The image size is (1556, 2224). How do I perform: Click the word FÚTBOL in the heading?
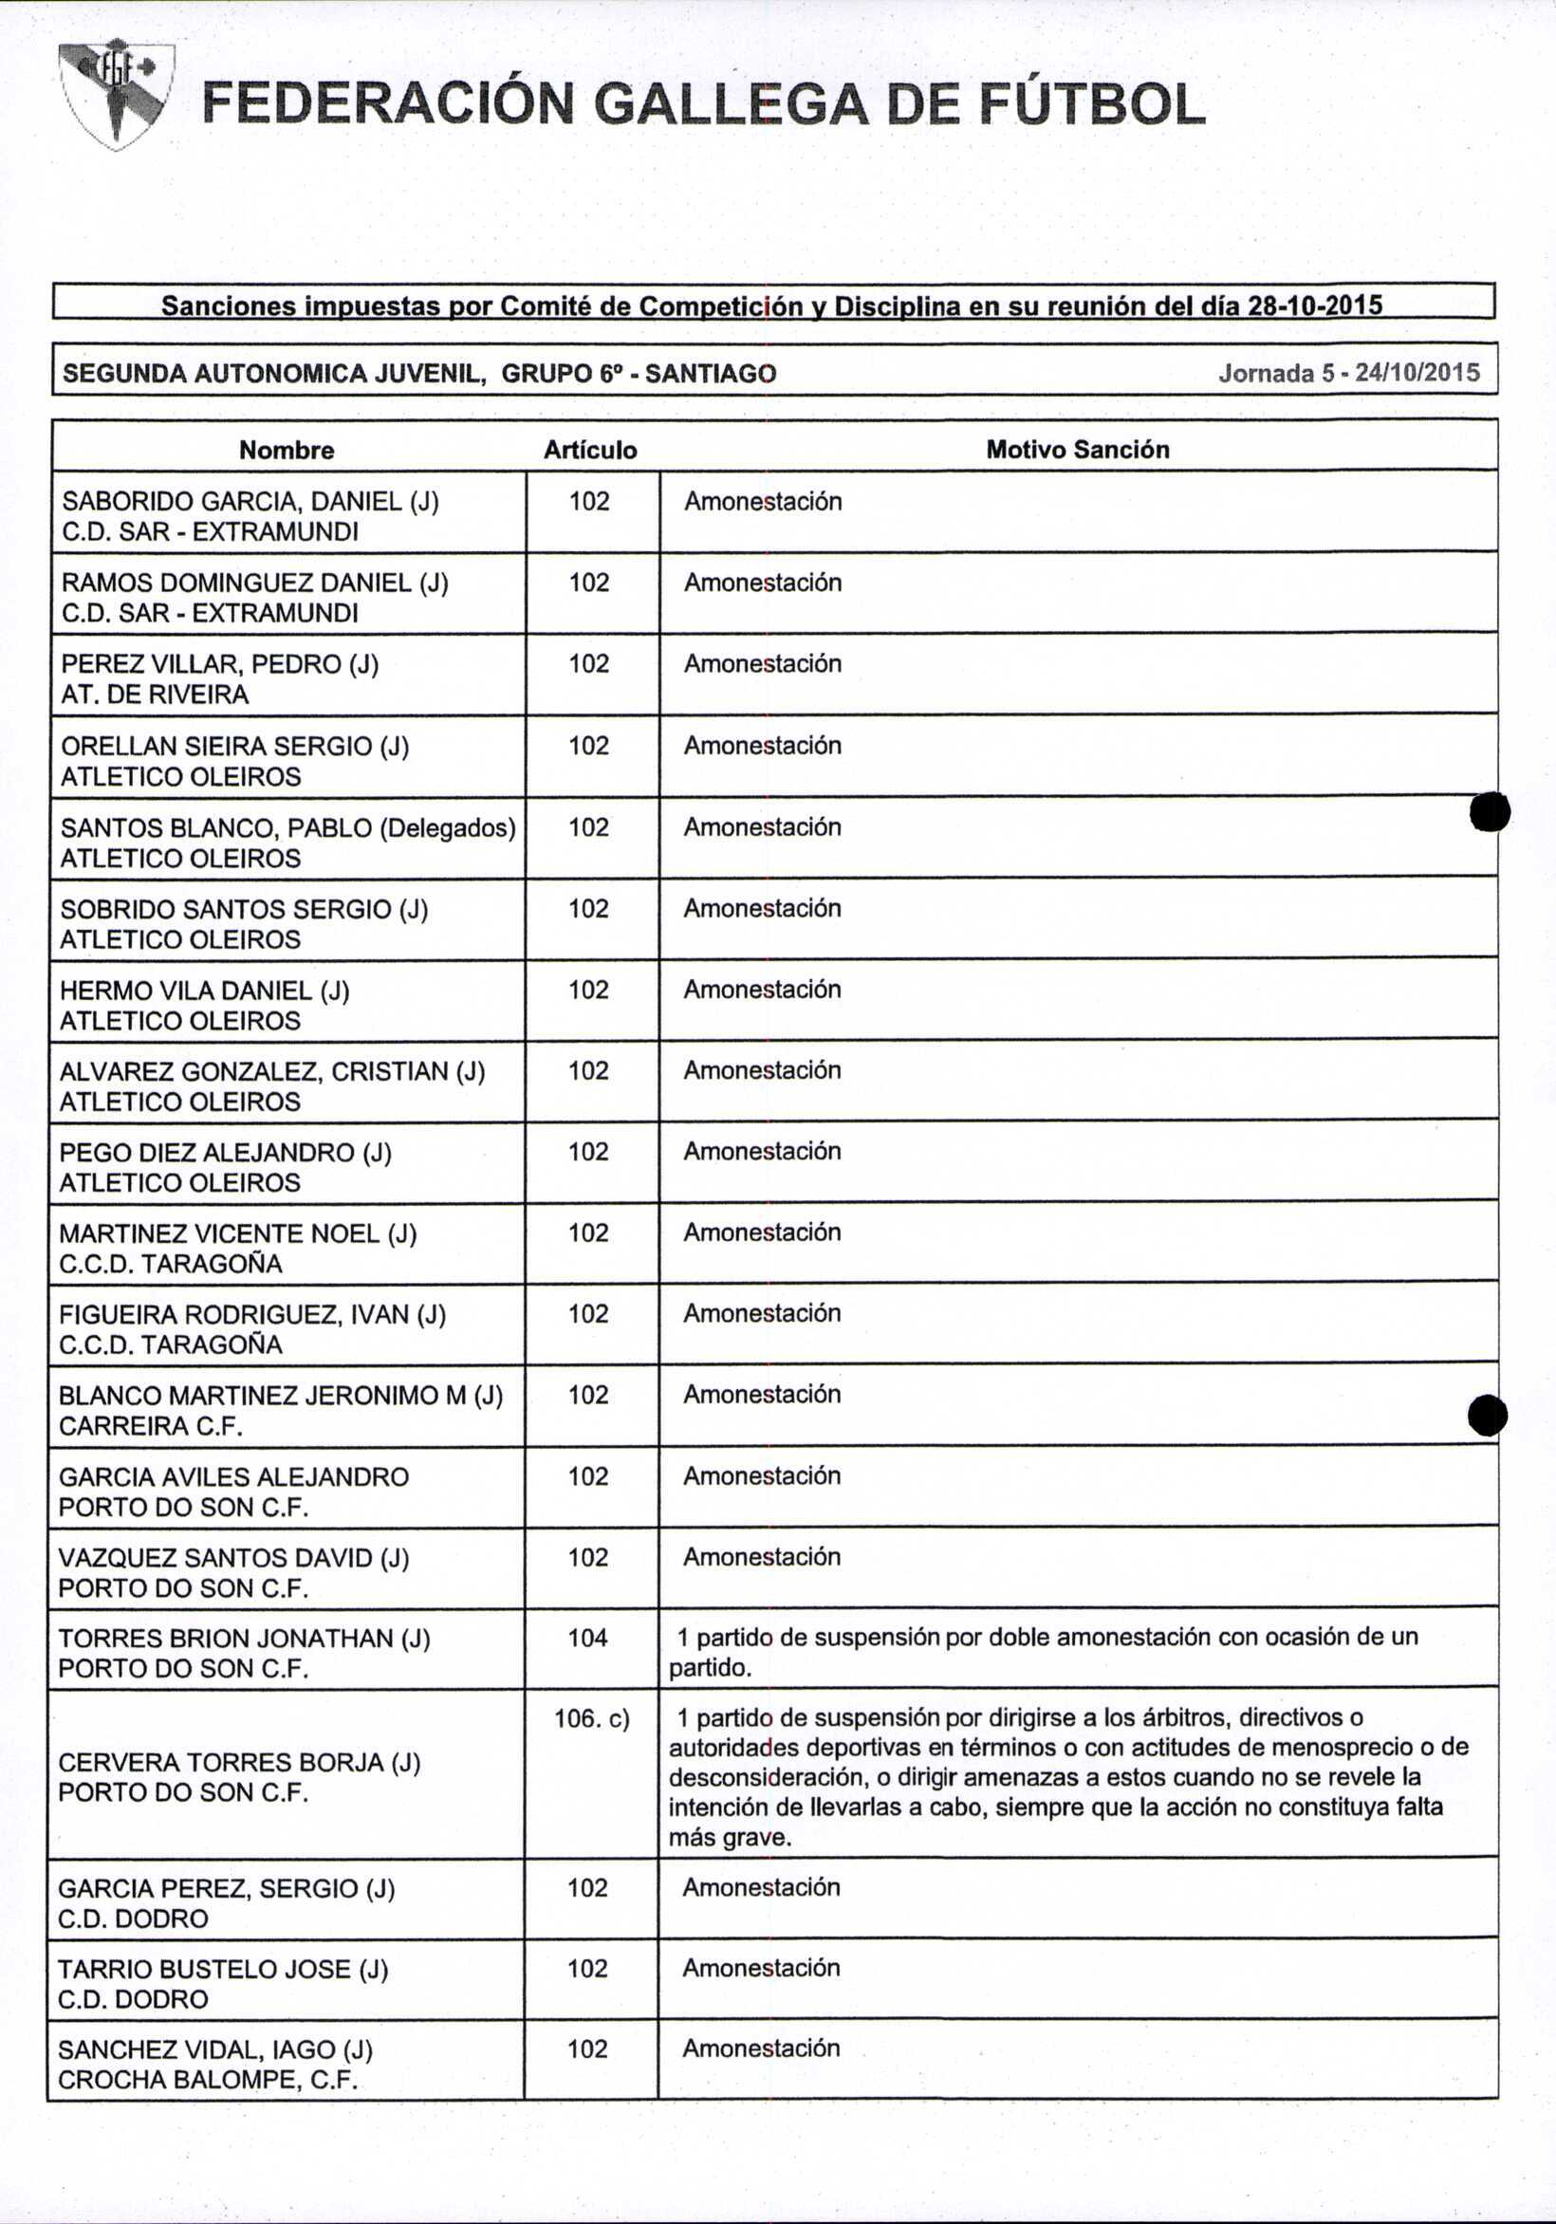1091,104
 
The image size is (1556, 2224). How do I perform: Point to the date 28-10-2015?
1314,306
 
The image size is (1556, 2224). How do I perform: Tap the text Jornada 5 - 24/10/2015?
1348,373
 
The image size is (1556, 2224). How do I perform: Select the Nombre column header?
287,450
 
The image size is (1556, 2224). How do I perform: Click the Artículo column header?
590,450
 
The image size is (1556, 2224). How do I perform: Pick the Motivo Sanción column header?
1078,450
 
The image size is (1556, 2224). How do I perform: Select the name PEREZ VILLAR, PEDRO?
201,664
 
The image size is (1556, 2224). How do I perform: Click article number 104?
588,1638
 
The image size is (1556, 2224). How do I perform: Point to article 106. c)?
591,1718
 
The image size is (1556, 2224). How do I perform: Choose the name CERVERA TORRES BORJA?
223,1762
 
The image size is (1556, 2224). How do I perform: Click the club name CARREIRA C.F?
151,1426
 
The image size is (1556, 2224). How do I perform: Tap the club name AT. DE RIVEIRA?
155,695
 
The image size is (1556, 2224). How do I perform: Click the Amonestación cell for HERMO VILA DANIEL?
762,989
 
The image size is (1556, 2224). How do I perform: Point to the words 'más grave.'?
730,1838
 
